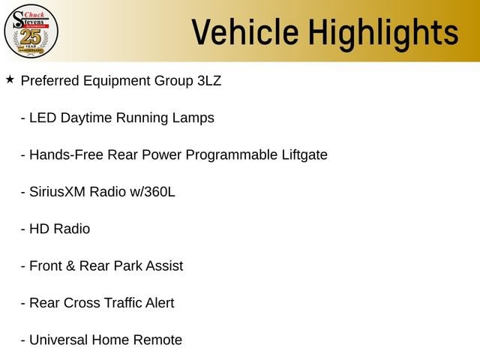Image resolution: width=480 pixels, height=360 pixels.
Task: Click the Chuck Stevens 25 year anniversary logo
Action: pos(31,31)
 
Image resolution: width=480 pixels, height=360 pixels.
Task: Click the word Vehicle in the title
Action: pos(245,32)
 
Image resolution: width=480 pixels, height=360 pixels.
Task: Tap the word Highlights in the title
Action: pos(383,34)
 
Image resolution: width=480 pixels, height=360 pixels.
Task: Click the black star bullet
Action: pos(10,79)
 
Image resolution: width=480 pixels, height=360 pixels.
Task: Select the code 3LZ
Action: pos(209,81)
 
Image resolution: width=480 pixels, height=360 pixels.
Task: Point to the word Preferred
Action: pos(50,81)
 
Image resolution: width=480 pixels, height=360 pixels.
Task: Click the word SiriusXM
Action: pos(57,192)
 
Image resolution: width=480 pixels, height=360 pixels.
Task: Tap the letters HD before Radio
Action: pos(39,229)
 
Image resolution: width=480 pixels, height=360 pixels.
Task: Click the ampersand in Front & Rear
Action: pos(70,266)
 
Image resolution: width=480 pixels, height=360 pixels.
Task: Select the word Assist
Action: pos(164,266)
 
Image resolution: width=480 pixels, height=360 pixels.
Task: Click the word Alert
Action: pos(160,303)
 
